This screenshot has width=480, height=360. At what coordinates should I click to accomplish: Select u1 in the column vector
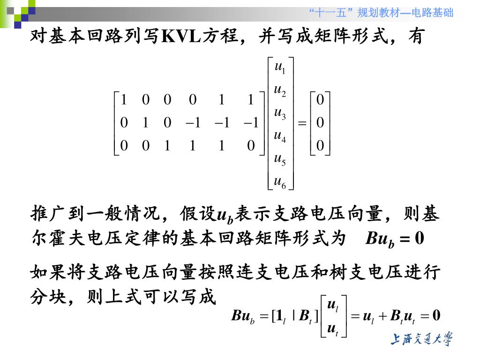pos(280,67)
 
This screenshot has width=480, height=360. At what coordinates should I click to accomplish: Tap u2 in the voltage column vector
pos(280,90)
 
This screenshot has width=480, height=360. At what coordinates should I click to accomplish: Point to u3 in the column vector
pos(280,113)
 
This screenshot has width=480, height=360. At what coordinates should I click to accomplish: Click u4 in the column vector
pos(280,136)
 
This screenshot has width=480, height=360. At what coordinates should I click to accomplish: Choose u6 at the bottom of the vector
pos(280,182)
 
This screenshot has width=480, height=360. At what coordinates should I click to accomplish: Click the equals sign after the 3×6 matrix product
pos(302,123)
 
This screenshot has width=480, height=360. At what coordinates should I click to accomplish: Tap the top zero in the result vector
pos(320,99)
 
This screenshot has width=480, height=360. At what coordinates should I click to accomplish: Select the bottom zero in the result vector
pos(320,146)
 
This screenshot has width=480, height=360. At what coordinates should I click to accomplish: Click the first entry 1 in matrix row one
pos(124,99)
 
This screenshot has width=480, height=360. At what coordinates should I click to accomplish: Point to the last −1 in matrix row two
pos(251,123)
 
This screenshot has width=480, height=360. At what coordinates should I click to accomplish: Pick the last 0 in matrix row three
pos(251,146)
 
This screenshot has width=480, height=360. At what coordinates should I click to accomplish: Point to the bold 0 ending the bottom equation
pos(436,315)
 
